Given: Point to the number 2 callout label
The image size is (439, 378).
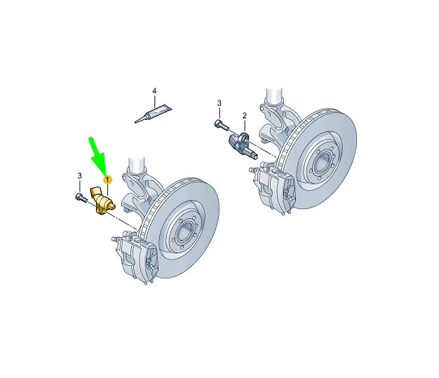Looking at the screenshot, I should (x=245, y=116).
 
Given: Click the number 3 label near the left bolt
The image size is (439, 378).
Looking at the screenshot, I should (x=79, y=175).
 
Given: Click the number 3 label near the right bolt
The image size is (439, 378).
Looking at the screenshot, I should (x=219, y=103).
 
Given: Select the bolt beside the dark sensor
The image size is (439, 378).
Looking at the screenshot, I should (x=219, y=127).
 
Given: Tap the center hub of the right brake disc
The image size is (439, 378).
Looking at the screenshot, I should (x=320, y=162).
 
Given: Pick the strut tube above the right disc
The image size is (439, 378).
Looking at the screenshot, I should (x=273, y=98).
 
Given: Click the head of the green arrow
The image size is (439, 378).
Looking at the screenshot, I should (x=104, y=170).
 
